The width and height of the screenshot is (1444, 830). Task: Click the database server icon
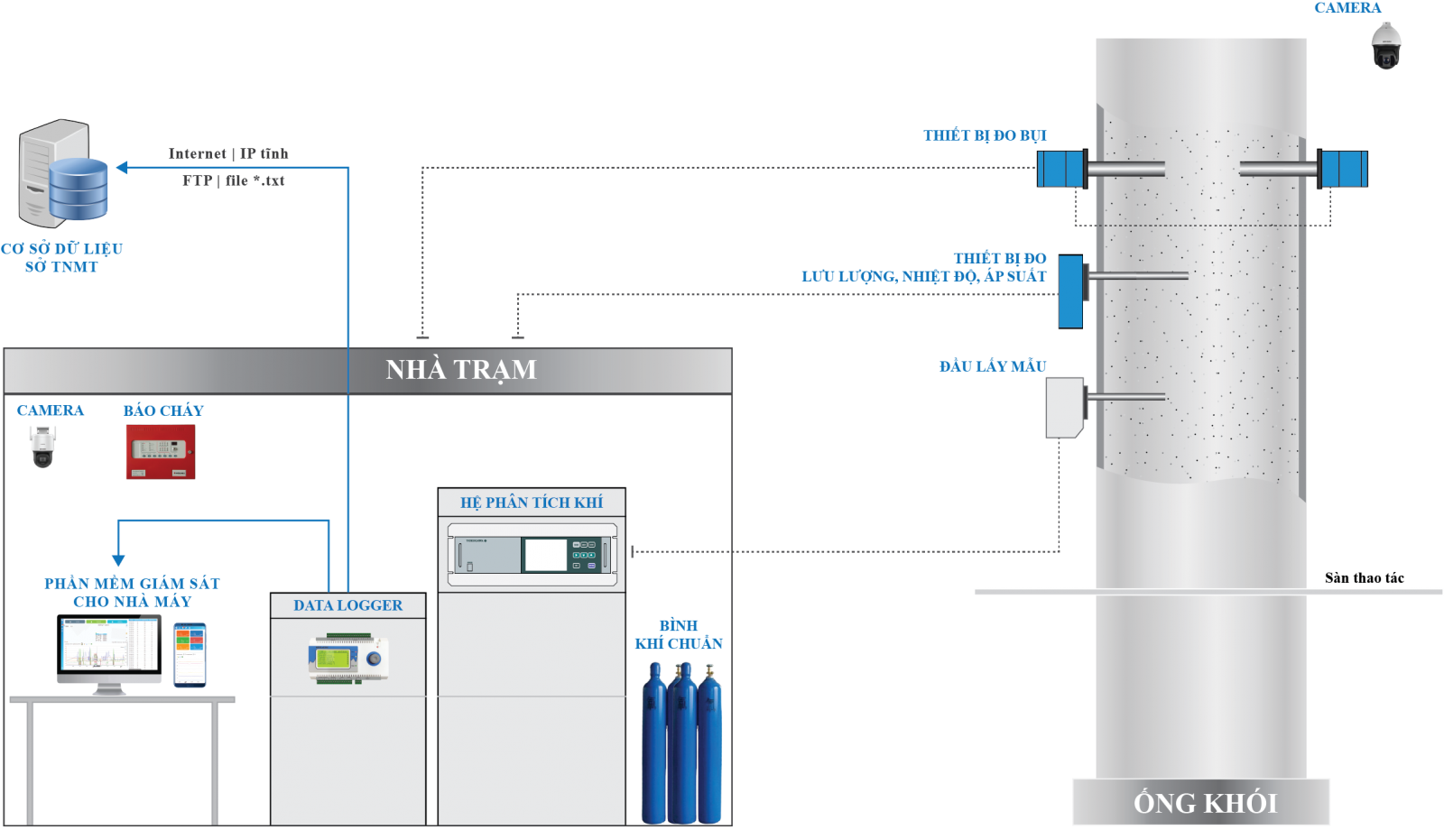pos(63,172)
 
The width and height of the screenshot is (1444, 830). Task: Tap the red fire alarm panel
pos(160,450)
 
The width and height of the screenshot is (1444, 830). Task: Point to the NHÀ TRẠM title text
pos(460,370)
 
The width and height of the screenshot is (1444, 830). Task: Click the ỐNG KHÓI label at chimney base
pos(1205,803)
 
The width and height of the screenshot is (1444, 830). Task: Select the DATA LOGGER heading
pos(347,605)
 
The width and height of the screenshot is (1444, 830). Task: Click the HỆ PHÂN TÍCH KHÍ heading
pos(531,503)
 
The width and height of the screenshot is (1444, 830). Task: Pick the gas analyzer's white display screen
pos(545,554)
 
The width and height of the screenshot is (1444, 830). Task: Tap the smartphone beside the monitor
pos(190,654)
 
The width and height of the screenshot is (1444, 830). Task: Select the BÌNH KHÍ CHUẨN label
pos(678,634)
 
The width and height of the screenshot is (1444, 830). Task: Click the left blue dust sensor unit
pos(1060,169)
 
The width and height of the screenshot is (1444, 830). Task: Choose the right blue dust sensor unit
pos(1344,169)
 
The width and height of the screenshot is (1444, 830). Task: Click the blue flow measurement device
pos(1069,291)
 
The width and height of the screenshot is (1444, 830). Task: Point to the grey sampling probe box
pos(1065,407)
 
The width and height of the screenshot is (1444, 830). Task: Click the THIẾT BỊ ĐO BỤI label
pos(985,135)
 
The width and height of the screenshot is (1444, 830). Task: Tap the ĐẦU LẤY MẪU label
pos(992,366)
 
